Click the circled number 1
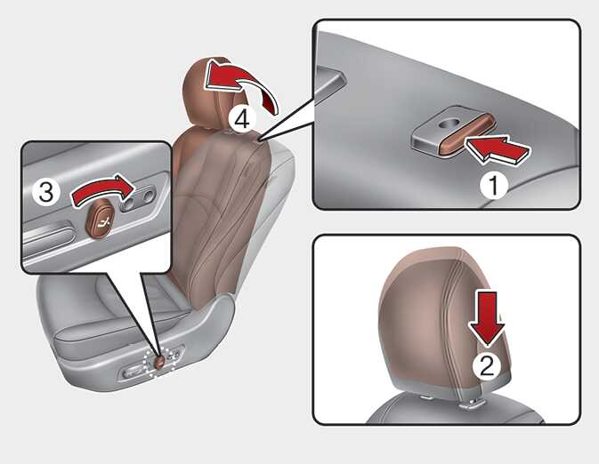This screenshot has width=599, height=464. pos(494,186)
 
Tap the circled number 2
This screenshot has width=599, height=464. pos(487,366)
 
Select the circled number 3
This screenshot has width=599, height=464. pos(46,191)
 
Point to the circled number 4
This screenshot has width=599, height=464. pos(242,119)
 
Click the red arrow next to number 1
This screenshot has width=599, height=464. pos(498,150)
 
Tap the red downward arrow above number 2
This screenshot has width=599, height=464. pos(488,318)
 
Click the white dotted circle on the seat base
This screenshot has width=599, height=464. pos(160,362)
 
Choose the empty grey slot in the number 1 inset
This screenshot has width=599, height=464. pos(329,83)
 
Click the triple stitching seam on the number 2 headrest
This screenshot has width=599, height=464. pos(448,321)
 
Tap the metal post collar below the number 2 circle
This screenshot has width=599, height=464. pos(471,404)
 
